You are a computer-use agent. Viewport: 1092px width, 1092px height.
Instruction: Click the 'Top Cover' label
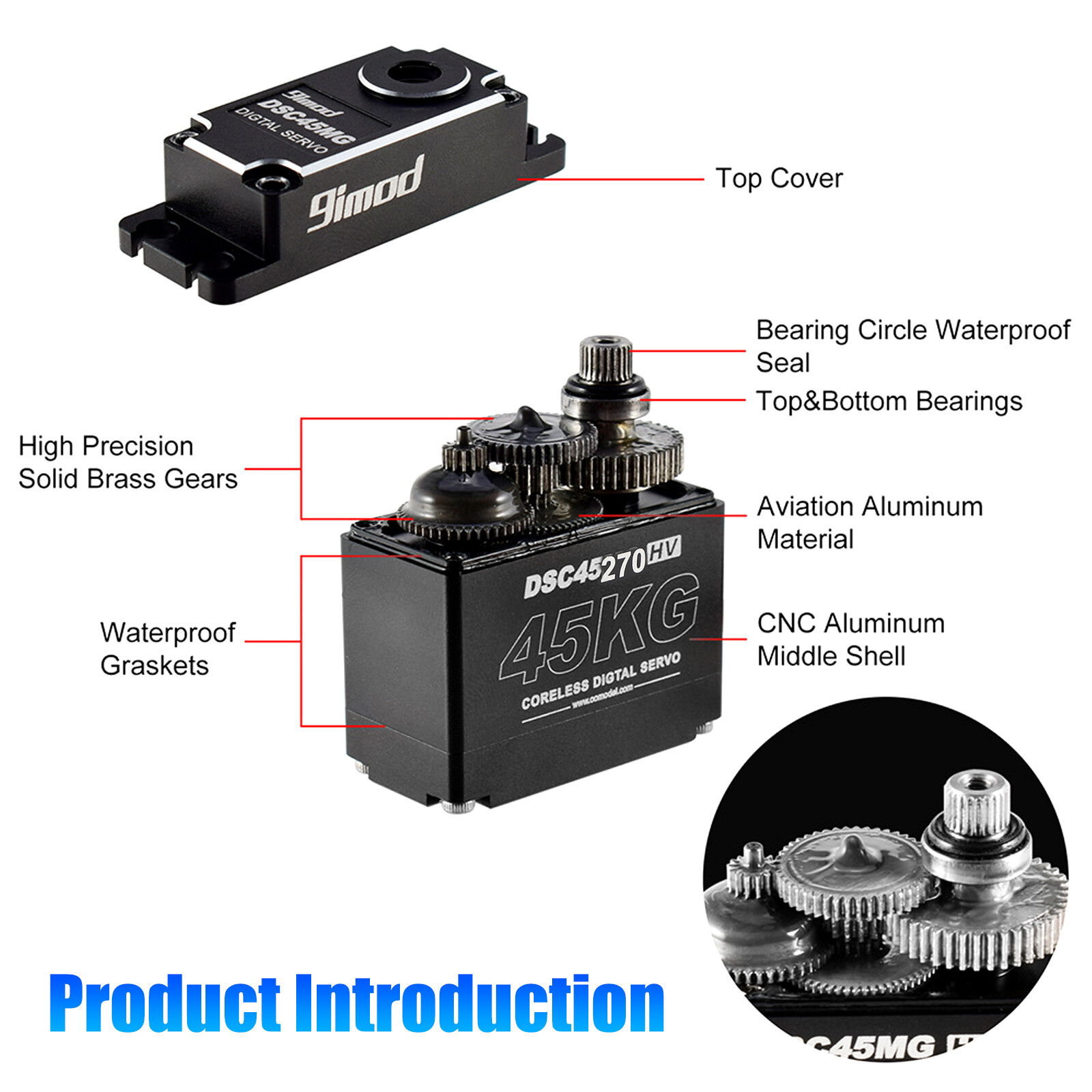click(x=779, y=179)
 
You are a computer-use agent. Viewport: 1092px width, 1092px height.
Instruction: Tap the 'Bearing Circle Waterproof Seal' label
click(x=913, y=345)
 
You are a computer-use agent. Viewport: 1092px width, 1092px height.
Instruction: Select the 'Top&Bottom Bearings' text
click(x=889, y=401)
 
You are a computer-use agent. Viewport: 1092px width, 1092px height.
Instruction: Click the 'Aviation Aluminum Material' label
click(x=870, y=522)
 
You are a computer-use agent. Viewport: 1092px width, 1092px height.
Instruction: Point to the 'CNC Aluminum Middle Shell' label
click(x=850, y=640)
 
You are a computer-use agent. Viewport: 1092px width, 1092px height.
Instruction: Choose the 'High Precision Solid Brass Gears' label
click(x=128, y=462)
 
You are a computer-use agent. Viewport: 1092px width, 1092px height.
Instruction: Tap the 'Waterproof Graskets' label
click(x=167, y=648)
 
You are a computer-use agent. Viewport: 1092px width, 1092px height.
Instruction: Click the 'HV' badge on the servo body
click(x=663, y=549)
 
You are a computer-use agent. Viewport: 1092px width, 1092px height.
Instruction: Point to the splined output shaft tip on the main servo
click(x=605, y=355)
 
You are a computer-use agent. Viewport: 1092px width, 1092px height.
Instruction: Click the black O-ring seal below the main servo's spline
click(x=605, y=386)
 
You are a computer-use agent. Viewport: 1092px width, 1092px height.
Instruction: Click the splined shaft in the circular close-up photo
click(x=975, y=805)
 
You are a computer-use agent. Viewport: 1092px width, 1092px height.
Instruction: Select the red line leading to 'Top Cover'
click(x=611, y=179)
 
